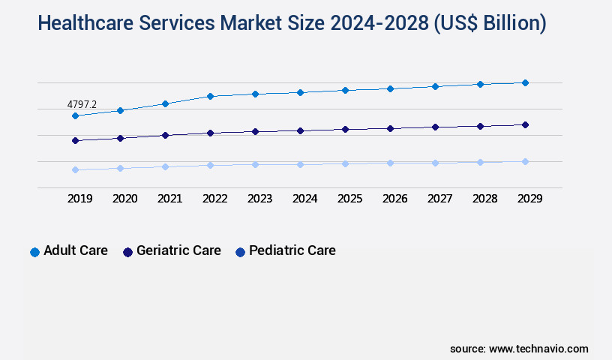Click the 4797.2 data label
[82, 104]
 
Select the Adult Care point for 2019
[75, 115]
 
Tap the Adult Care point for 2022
[210, 96]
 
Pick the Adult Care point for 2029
[525, 82]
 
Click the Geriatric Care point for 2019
[75, 140]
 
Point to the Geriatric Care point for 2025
[345, 129]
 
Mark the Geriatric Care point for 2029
[525, 124]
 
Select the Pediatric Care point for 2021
[165, 166]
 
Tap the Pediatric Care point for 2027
[435, 163]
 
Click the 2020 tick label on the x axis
[124, 199]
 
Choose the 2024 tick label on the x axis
[304, 199]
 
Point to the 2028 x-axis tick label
[484, 199]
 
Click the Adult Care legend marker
[34, 252]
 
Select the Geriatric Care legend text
[178, 250]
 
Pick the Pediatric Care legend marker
[240, 252]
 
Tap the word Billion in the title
[507, 23]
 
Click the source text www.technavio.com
[538, 349]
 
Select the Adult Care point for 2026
[390, 88]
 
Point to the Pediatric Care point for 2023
[255, 164]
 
